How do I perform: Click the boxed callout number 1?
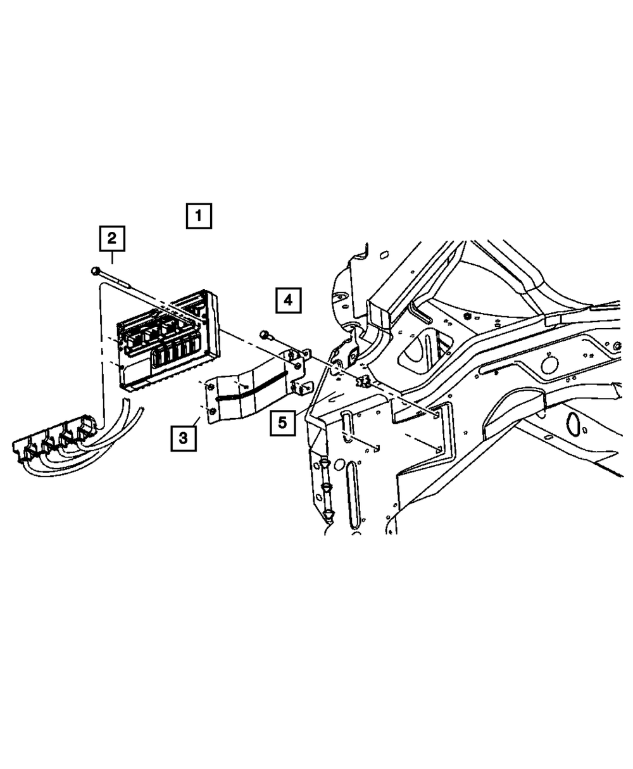[x=198, y=217]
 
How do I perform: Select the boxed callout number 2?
[x=111, y=239]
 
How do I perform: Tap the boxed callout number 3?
[x=183, y=438]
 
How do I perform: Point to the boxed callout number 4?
[x=288, y=300]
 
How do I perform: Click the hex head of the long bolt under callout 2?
[x=95, y=271]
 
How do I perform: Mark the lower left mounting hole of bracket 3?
[x=212, y=412]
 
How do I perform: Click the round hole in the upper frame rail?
[x=549, y=365]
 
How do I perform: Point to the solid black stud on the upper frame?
[x=467, y=316]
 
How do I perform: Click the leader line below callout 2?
[x=112, y=257]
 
